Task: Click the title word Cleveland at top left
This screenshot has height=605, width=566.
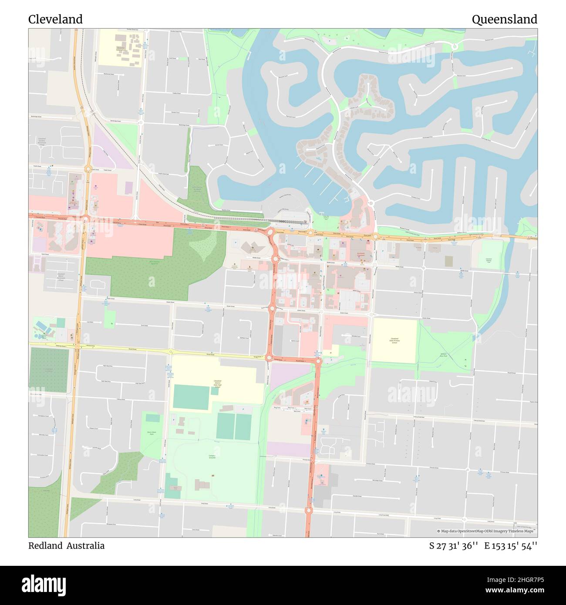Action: [55, 20]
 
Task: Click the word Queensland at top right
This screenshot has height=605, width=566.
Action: [504, 20]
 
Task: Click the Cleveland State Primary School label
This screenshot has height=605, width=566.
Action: [394, 340]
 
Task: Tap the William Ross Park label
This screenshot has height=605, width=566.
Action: [443, 355]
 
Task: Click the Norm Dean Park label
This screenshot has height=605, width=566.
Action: [151, 433]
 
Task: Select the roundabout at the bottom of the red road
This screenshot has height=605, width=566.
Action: [310, 510]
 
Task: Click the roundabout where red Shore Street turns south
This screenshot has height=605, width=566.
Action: [270, 232]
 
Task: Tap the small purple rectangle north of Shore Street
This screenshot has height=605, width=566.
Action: [128, 188]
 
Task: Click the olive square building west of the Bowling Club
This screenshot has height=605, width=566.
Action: [448, 261]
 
